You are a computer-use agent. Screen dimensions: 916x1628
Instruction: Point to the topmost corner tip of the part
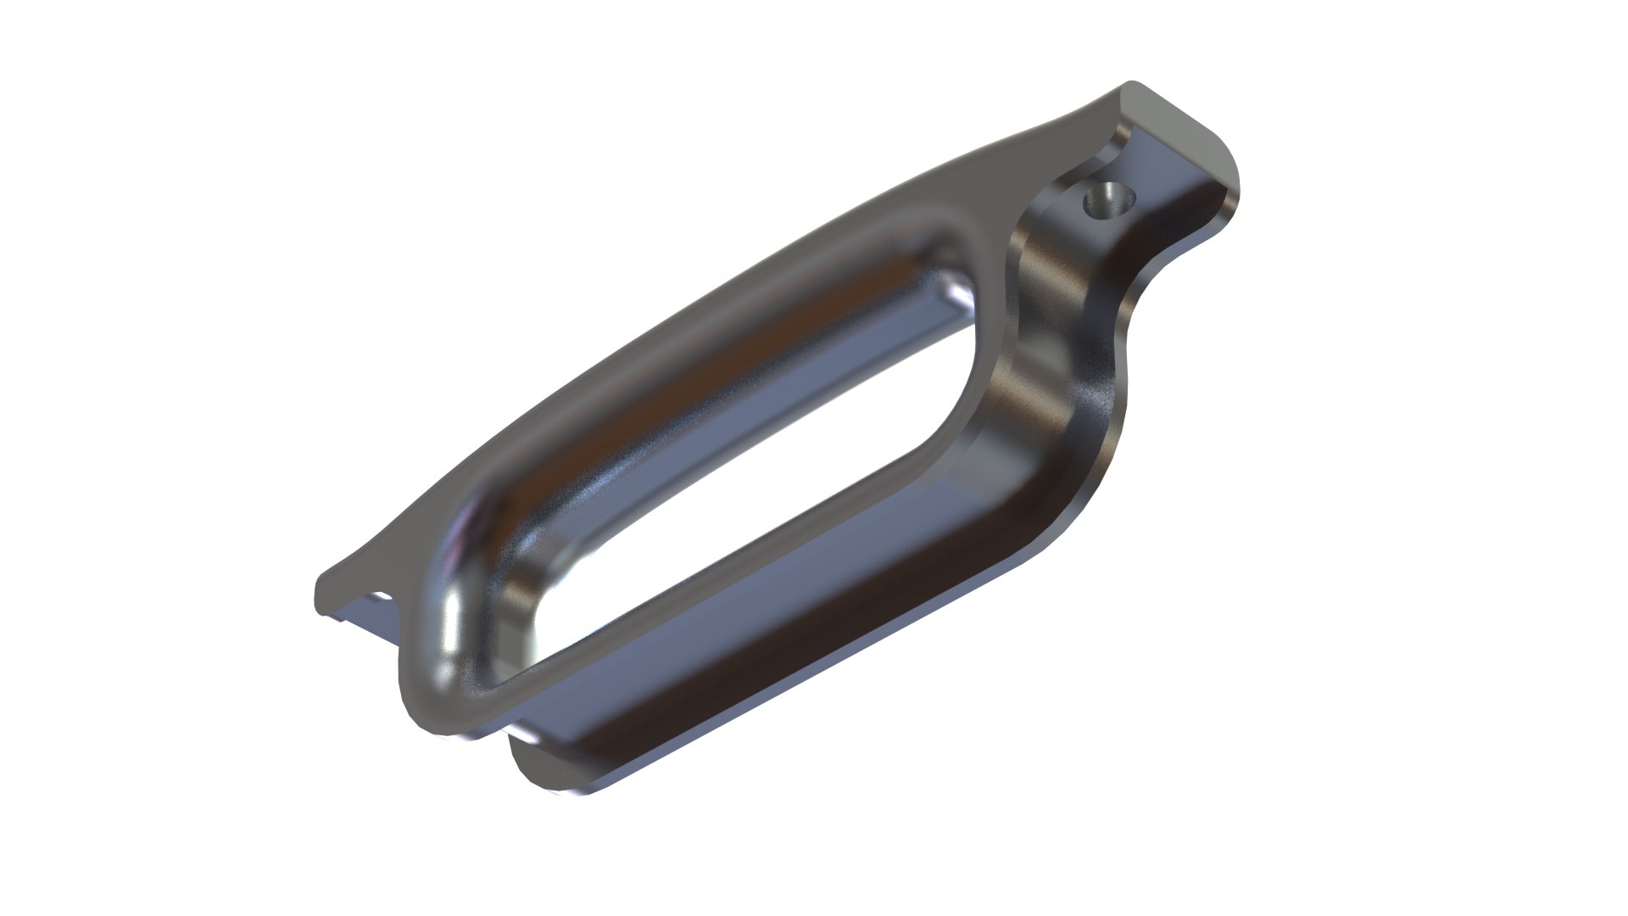(x=1130, y=84)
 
